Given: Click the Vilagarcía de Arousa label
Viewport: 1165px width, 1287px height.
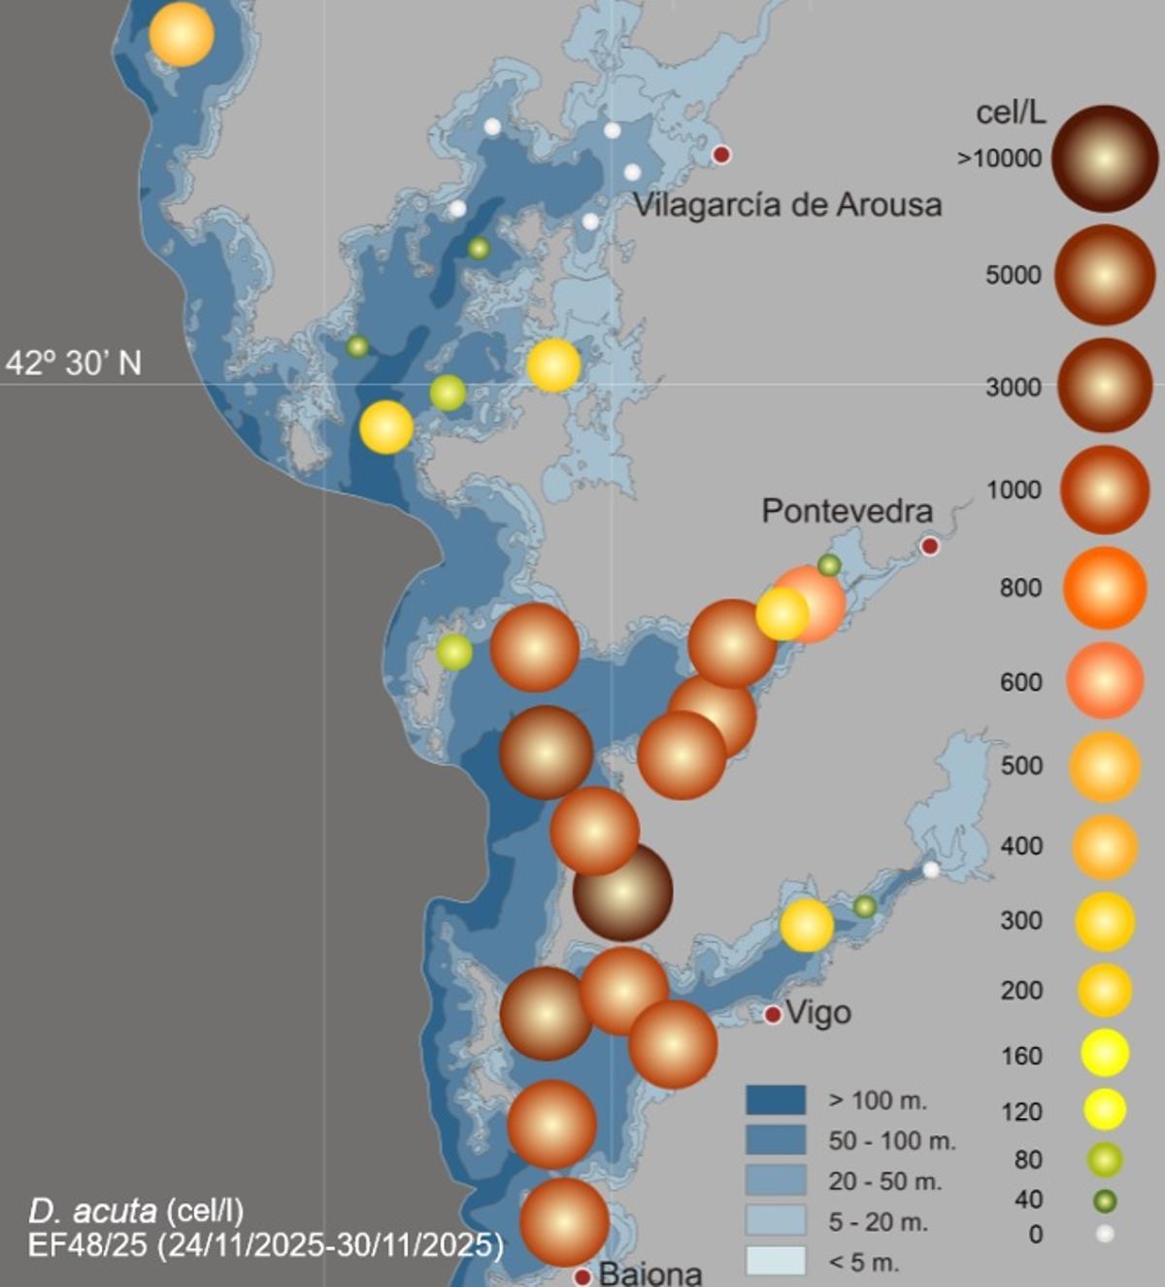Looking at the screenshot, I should click(x=787, y=205).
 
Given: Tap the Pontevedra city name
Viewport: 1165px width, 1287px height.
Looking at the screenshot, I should click(x=847, y=511).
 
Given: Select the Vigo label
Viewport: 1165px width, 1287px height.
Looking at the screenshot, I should click(x=817, y=1013).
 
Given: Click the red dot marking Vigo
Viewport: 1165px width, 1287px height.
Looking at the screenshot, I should click(x=773, y=1015).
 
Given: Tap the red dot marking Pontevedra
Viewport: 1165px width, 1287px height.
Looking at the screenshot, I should click(x=930, y=546).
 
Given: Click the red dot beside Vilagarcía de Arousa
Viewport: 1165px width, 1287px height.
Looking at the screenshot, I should click(x=721, y=154).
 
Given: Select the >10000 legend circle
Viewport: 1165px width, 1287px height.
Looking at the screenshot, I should click(x=1105, y=158).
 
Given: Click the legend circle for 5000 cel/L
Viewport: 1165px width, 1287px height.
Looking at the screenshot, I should click(x=1105, y=275).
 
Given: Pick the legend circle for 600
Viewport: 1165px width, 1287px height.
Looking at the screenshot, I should click(x=1105, y=681).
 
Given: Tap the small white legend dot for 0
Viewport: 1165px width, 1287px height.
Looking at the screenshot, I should click(x=1105, y=1235).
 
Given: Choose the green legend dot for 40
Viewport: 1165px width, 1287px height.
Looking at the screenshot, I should click(x=1105, y=1202).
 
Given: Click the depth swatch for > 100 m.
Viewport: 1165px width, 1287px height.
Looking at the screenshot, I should click(x=775, y=1101).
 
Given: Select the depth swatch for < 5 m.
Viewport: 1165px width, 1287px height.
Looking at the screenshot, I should click(x=775, y=1261).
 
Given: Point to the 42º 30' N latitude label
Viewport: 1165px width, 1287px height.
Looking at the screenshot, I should click(x=74, y=363).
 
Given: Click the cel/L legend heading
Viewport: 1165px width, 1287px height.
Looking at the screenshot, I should click(x=1011, y=113).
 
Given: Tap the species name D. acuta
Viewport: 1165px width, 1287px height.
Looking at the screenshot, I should click(x=92, y=1210).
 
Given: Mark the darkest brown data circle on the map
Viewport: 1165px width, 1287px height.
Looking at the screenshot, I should click(x=622, y=892).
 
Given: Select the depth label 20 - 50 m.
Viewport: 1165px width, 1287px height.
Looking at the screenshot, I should click(x=884, y=1181).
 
